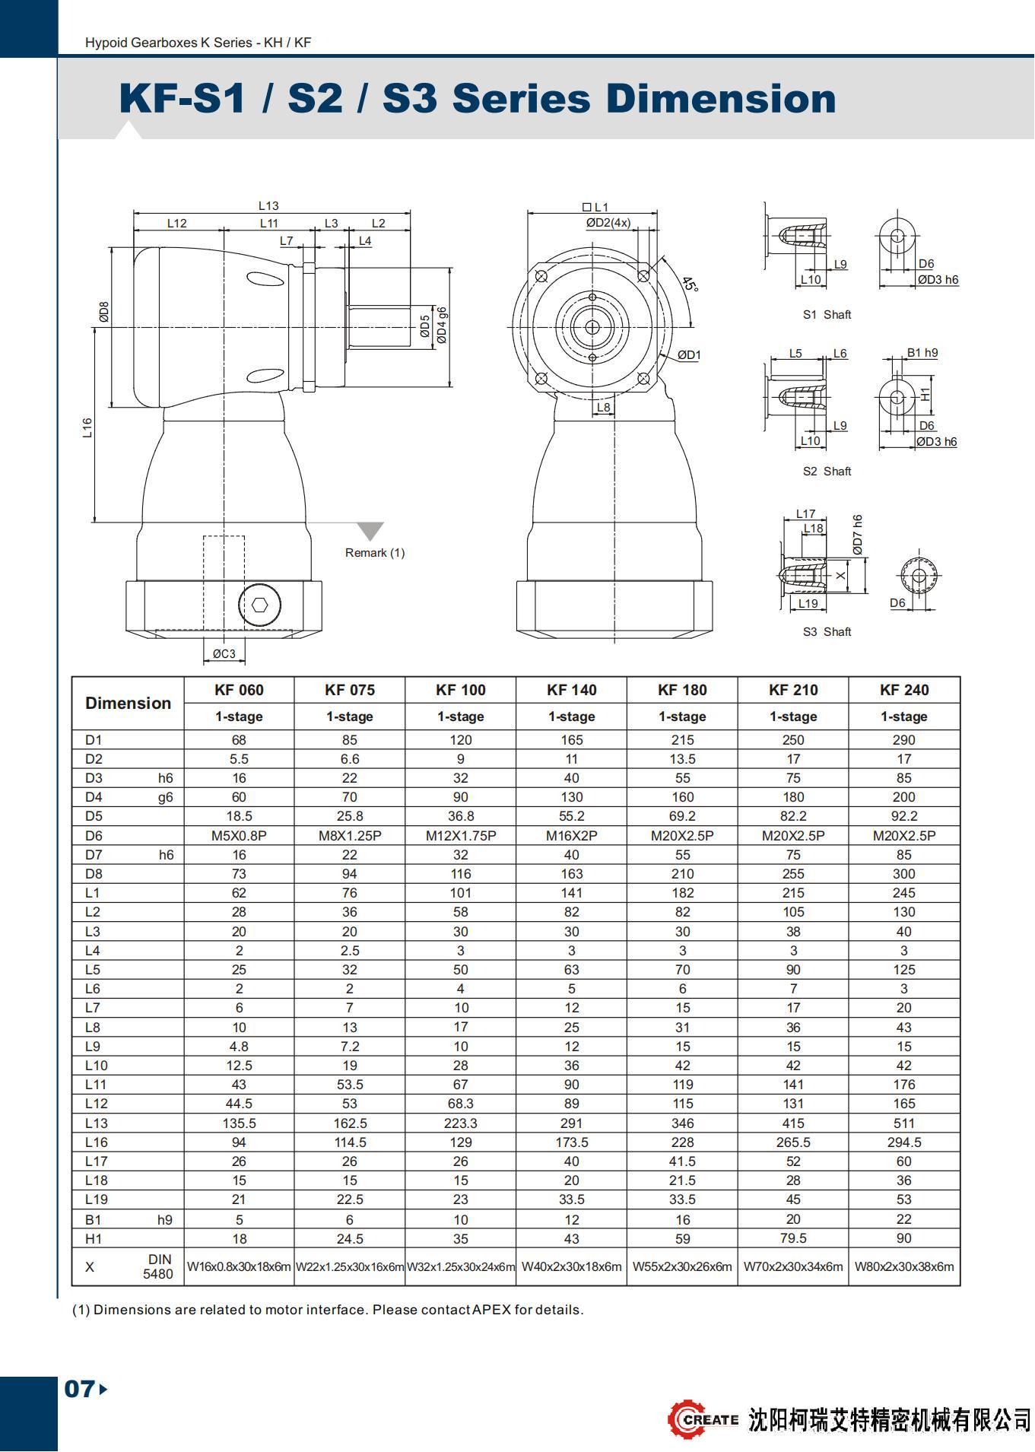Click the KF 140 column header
(571, 690)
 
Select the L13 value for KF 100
(460, 1123)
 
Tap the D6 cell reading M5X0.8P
(239, 835)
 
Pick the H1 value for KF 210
(793, 1238)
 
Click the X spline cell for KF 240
(903, 1266)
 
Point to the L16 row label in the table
(97, 1142)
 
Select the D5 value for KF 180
(682, 816)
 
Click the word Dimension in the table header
(128, 703)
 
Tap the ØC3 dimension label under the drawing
(224, 653)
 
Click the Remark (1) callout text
(375, 553)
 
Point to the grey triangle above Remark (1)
(370, 530)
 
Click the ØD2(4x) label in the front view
(608, 222)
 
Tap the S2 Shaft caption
(827, 472)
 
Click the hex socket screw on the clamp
(260, 605)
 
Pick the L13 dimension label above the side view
(268, 205)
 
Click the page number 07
(79, 1389)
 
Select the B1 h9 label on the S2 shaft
(922, 353)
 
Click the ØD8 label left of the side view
(104, 312)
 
